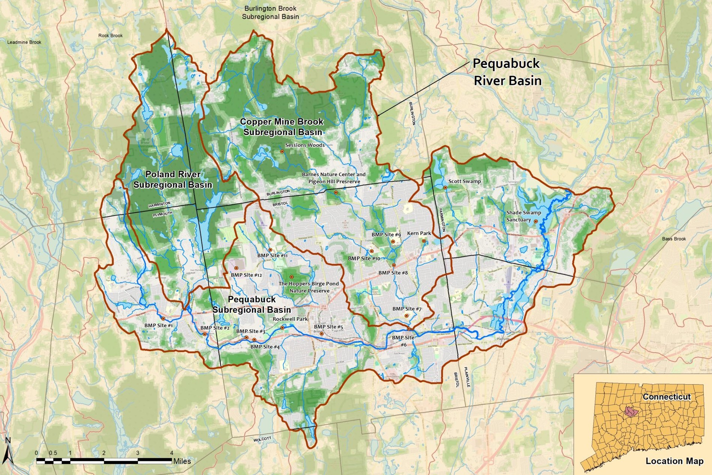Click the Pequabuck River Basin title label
pyautogui.click(x=507, y=72)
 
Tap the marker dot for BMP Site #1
pyautogui.click(x=163, y=318)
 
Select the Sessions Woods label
pyautogui.click(x=305, y=145)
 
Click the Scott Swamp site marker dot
pyautogui.click(x=445, y=187)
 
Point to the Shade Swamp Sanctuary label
pyautogui.click(x=523, y=216)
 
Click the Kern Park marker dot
pyautogui.click(x=424, y=241)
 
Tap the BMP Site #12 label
pyautogui.click(x=246, y=275)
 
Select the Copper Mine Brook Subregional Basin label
pyautogui.click(x=282, y=127)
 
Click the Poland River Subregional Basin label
pyautogui.click(x=173, y=180)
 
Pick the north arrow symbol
pyautogui.click(x=8, y=451)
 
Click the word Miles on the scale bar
pyautogui.click(x=182, y=461)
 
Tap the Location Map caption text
pyautogui.click(x=674, y=461)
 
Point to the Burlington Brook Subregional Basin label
pyautogui.click(x=270, y=12)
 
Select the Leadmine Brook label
pyautogui.click(x=24, y=42)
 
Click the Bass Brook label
pyautogui.click(x=674, y=239)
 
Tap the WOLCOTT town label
pyautogui.click(x=262, y=439)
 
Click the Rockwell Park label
pyautogui.click(x=290, y=319)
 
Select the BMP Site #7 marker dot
pyautogui.click(x=406, y=316)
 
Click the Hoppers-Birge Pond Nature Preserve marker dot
pyautogui.click(x=291, y=277)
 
